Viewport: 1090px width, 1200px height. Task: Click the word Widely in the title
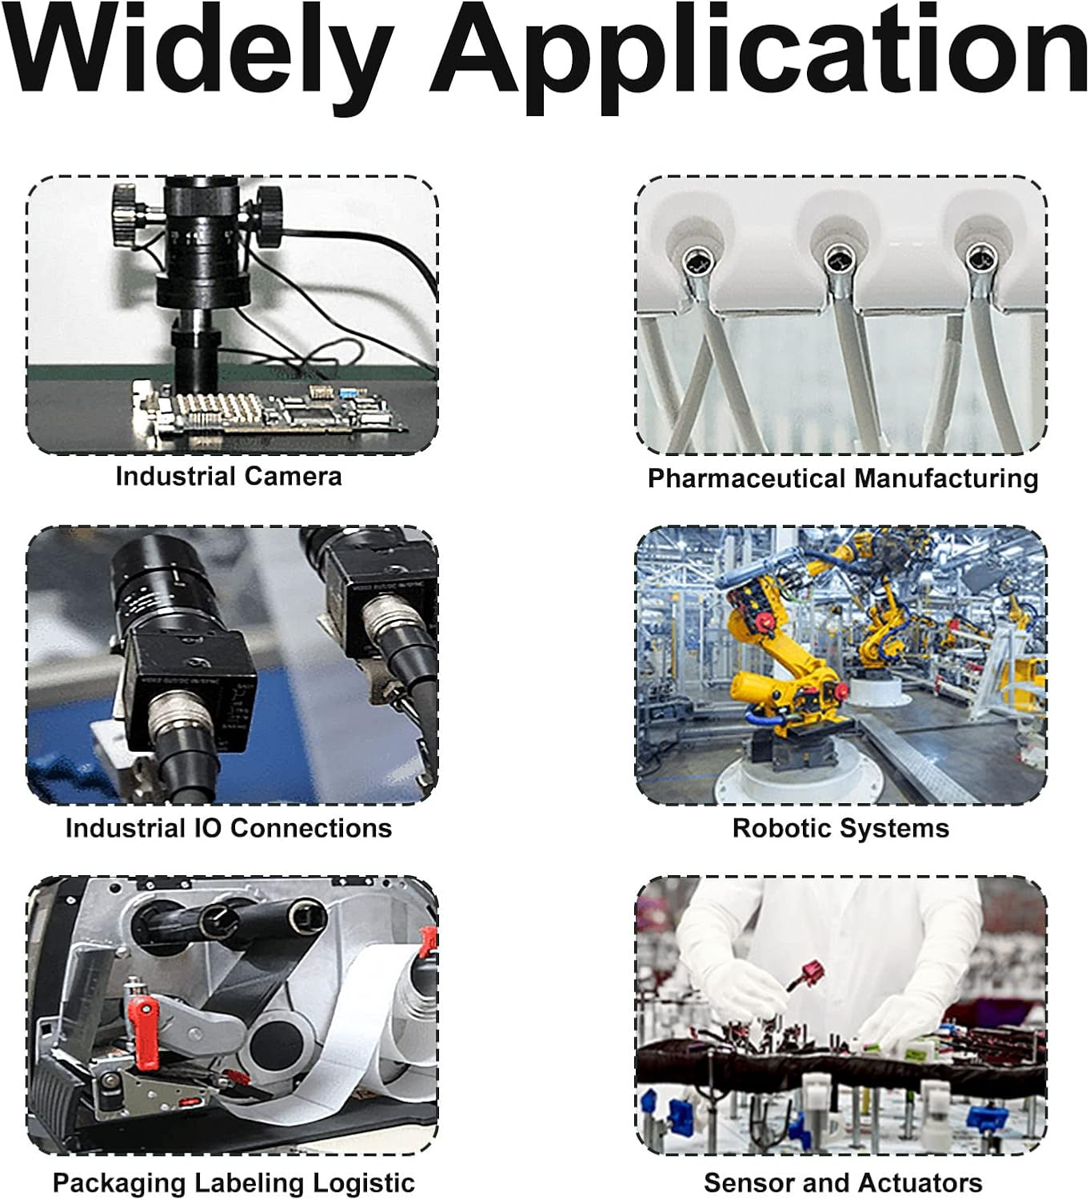click(x=198, y=57)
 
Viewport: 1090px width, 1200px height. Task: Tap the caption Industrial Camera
click(x=229, y=477)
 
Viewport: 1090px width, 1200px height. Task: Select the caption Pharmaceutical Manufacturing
click(x=843, y=478)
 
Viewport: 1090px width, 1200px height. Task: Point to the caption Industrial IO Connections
click(x=229, y=829)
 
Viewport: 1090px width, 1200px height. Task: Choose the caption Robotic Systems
click(x=840, y=829)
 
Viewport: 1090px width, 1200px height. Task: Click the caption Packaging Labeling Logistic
click(x=234, y=1182)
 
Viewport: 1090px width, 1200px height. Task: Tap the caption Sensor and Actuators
click(x=843, y=1182)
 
